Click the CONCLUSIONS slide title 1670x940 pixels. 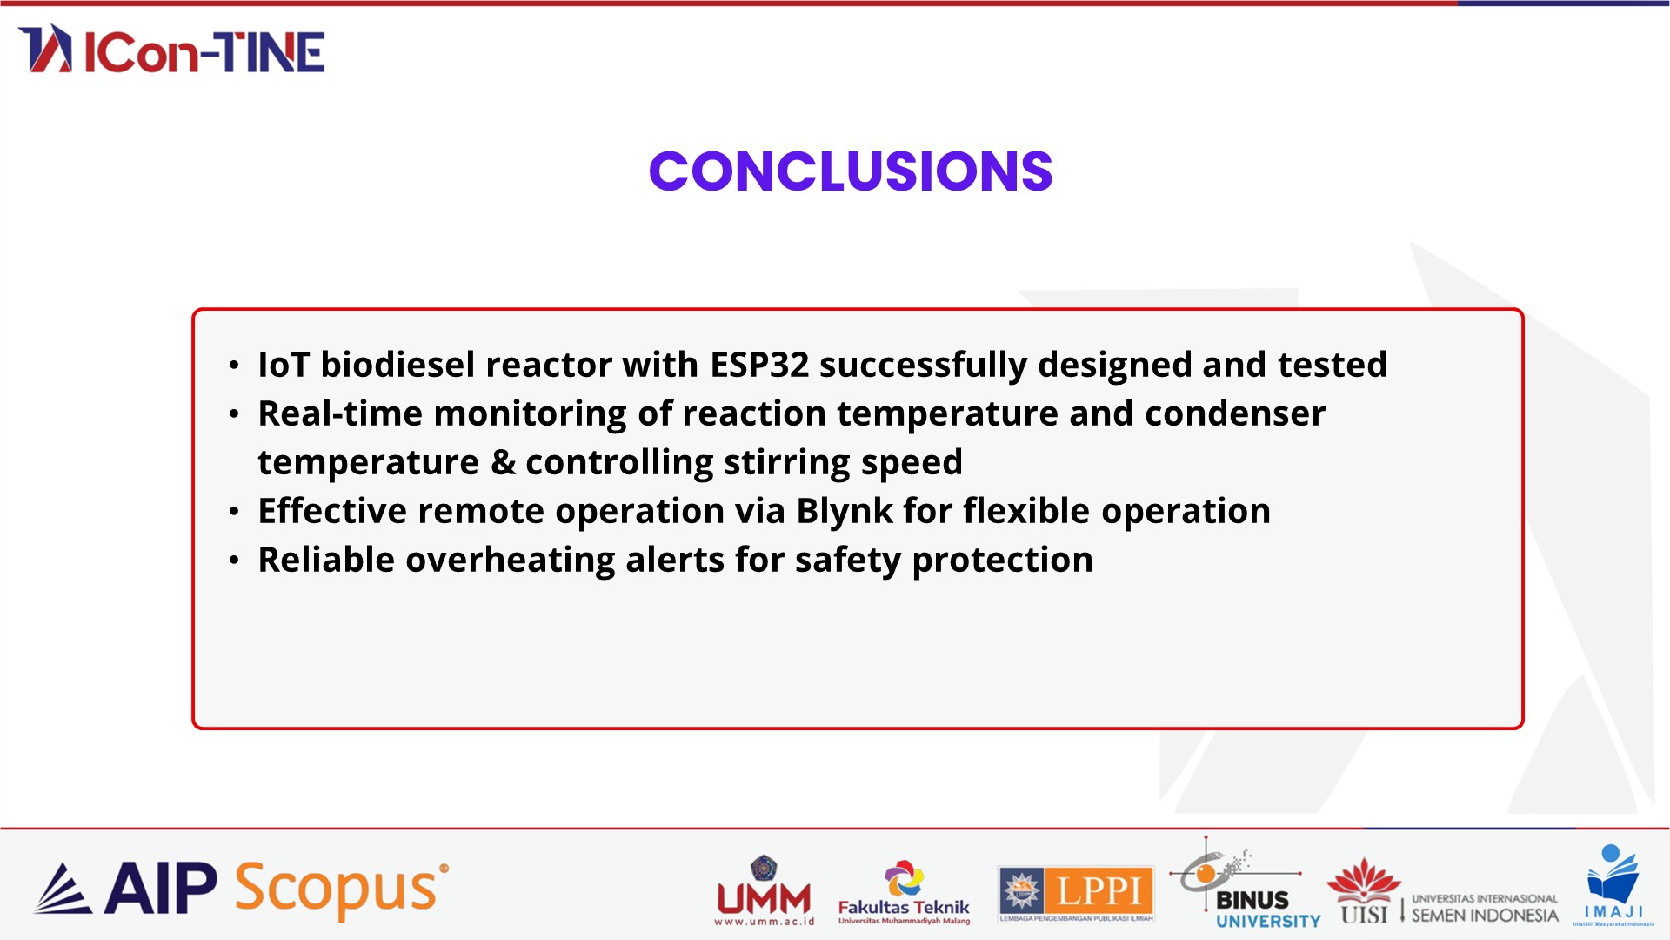[851, 171]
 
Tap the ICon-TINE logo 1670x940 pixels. [171, 49]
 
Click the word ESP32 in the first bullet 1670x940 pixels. [759, 365]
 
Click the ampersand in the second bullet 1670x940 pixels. [503, 462]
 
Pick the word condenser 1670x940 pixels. [1235, 414]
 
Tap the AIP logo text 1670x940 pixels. [161, 889]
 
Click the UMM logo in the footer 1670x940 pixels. [764, 890]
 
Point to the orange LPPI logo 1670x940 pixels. [1076, 894]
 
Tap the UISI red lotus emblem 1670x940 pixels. [1364, 880]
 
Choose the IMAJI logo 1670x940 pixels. [1613, 885]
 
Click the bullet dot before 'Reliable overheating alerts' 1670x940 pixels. [234, 561]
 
